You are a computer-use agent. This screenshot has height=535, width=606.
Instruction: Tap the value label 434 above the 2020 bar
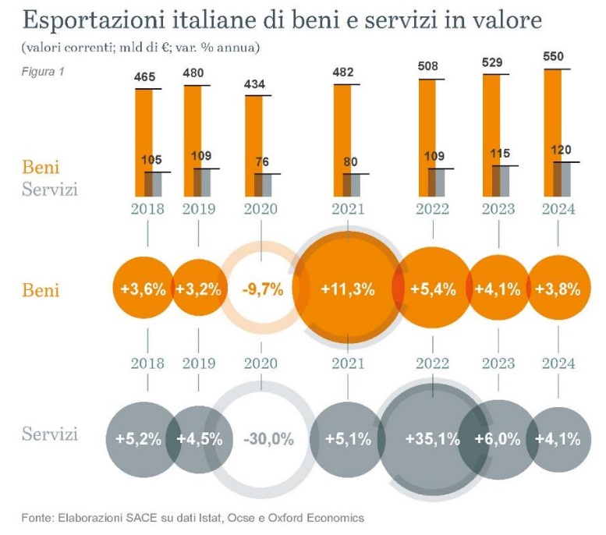259,83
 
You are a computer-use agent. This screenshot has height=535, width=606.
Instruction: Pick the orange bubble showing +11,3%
347,289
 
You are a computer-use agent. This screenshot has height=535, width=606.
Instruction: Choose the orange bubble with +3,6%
143,289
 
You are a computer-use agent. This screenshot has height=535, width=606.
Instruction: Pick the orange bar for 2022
427,133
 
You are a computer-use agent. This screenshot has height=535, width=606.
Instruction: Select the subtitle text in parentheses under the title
140,48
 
